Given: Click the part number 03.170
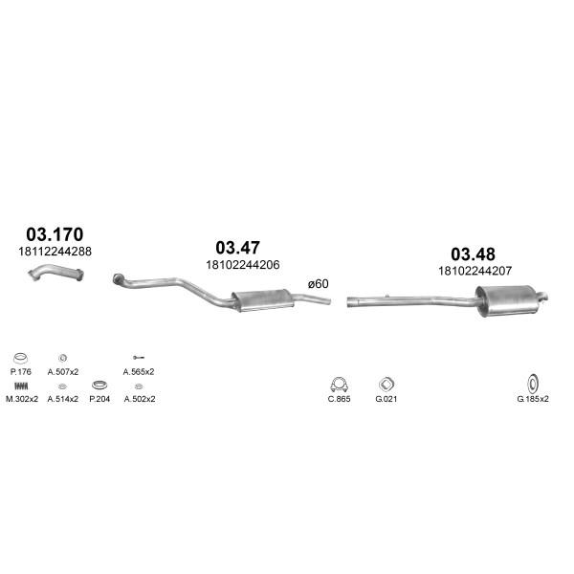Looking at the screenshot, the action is click(x=55, y=234).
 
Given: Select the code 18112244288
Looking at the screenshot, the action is click(x=55, y=252).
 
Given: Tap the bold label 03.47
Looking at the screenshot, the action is click(x=237, y=248).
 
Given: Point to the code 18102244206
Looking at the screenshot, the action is click(x=243, y=265).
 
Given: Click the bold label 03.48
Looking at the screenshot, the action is click(x=473, y=254).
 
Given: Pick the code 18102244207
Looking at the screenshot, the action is click(x=475, y=271).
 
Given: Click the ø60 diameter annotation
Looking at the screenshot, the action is click(x=319, y=284).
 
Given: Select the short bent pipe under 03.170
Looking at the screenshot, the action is click(x=56, y=272).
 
